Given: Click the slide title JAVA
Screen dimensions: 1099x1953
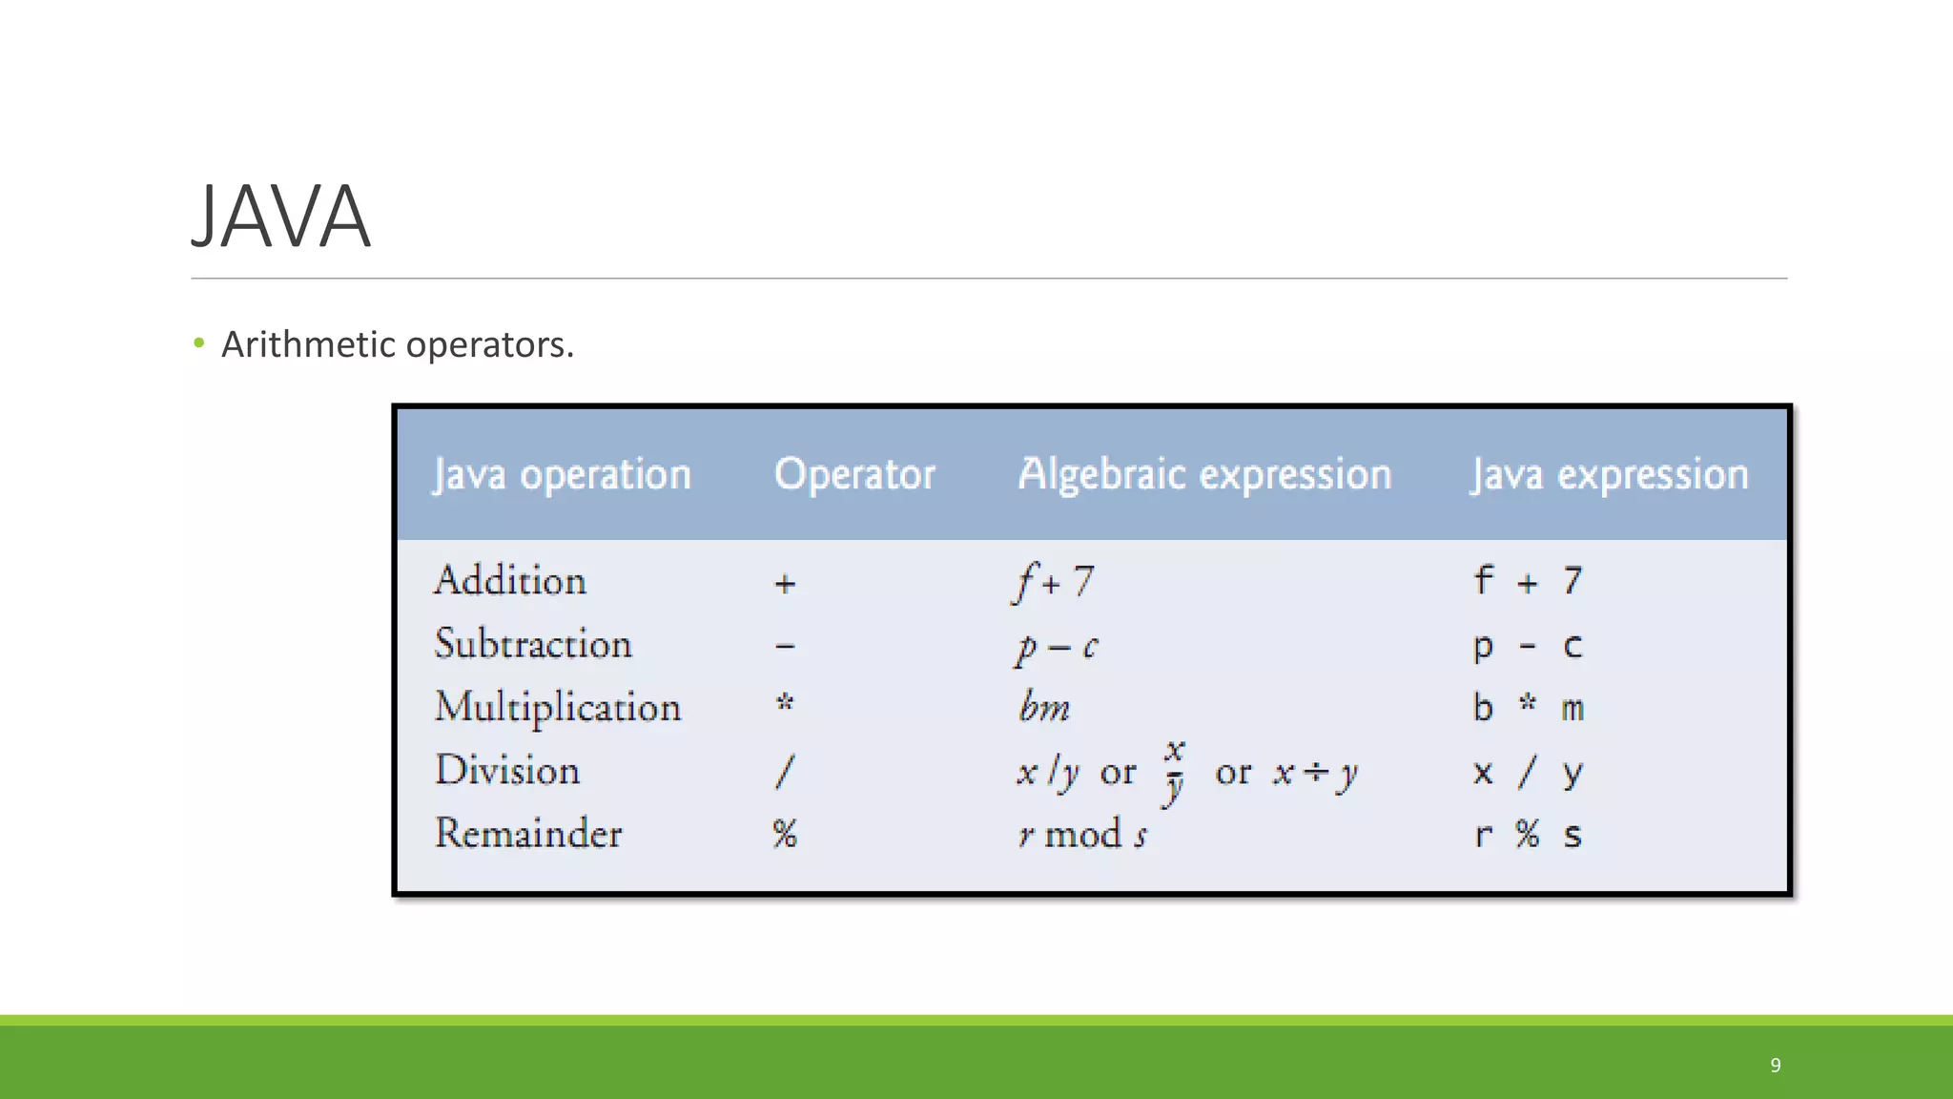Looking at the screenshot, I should pos(281,218).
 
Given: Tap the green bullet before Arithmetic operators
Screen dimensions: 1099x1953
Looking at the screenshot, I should pos(198,343).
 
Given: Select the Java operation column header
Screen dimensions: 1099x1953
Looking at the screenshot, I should pos(562,474).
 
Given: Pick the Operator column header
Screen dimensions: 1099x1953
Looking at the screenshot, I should pos(854,474).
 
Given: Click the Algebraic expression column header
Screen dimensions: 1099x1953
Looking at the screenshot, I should pos(1204,474).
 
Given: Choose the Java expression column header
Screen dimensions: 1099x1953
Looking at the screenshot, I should pos(1609,474).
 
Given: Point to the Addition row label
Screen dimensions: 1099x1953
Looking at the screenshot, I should pos(510,581).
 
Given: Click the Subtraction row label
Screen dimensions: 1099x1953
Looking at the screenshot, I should pos(533,644).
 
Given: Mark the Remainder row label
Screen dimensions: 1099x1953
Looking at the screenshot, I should pos(528,834).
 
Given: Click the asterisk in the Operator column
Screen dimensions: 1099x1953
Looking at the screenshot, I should pos(785,704).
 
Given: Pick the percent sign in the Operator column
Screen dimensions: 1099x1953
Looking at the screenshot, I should pos(785,834).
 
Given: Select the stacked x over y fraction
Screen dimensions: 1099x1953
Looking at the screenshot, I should pos(1174,771).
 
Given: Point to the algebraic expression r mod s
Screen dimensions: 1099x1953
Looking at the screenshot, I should pos(1082,835).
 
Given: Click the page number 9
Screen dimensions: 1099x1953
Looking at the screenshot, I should pos(1776,1065).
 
